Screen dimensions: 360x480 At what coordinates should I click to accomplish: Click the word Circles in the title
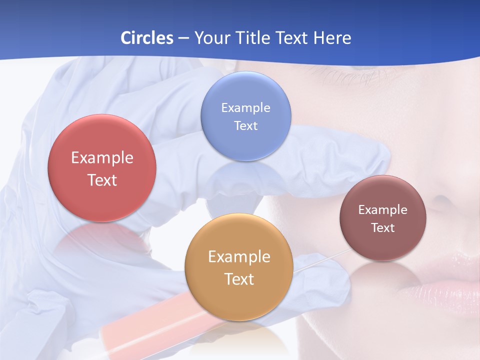point(146,38)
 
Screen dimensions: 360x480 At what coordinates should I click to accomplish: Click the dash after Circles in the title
point(183,38)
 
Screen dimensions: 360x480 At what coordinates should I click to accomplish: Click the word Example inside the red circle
point(102,158)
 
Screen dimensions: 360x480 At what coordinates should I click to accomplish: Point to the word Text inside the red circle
point(102,180)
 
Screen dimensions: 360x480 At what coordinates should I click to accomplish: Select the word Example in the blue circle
point(245,107)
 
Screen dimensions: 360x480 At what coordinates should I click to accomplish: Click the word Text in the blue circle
point(245,125)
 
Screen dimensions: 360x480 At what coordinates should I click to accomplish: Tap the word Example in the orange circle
point(239,256)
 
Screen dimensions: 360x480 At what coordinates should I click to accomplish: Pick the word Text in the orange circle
point(239,279)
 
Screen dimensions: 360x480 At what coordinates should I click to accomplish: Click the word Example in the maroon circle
point(383,210)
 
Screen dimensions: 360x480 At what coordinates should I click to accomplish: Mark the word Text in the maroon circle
point(383,228)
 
